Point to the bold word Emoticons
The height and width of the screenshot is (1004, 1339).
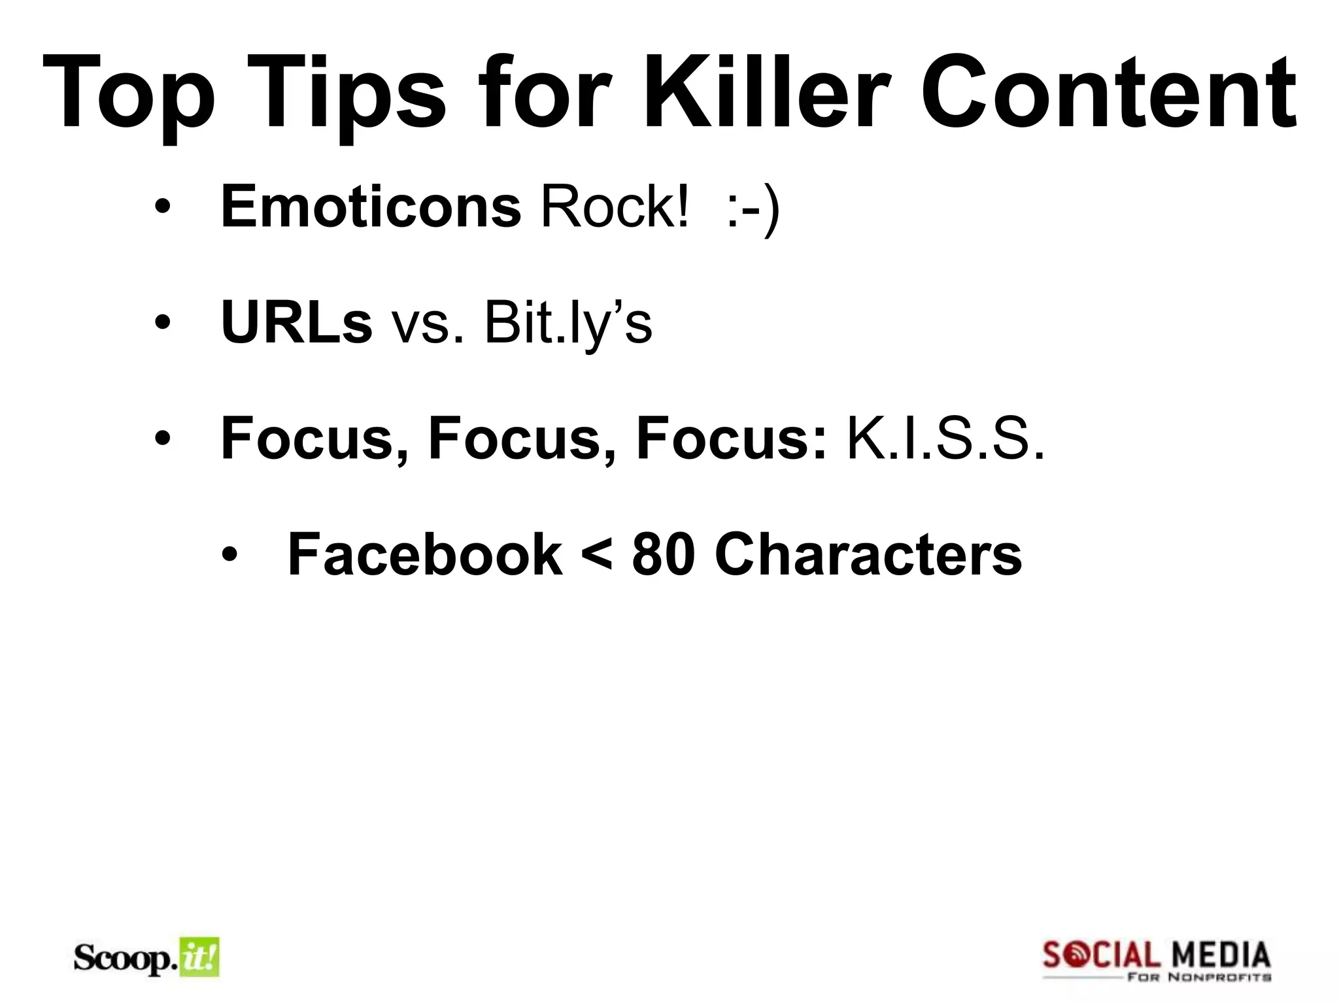[371, 207]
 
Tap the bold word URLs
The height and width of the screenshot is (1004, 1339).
[296, 322]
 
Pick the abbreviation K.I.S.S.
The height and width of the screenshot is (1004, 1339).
[945, 438]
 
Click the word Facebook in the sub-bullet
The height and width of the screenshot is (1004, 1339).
[425, 554]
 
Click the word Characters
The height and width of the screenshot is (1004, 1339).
[868, 554]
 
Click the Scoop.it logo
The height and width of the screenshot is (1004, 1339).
[146, 958]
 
